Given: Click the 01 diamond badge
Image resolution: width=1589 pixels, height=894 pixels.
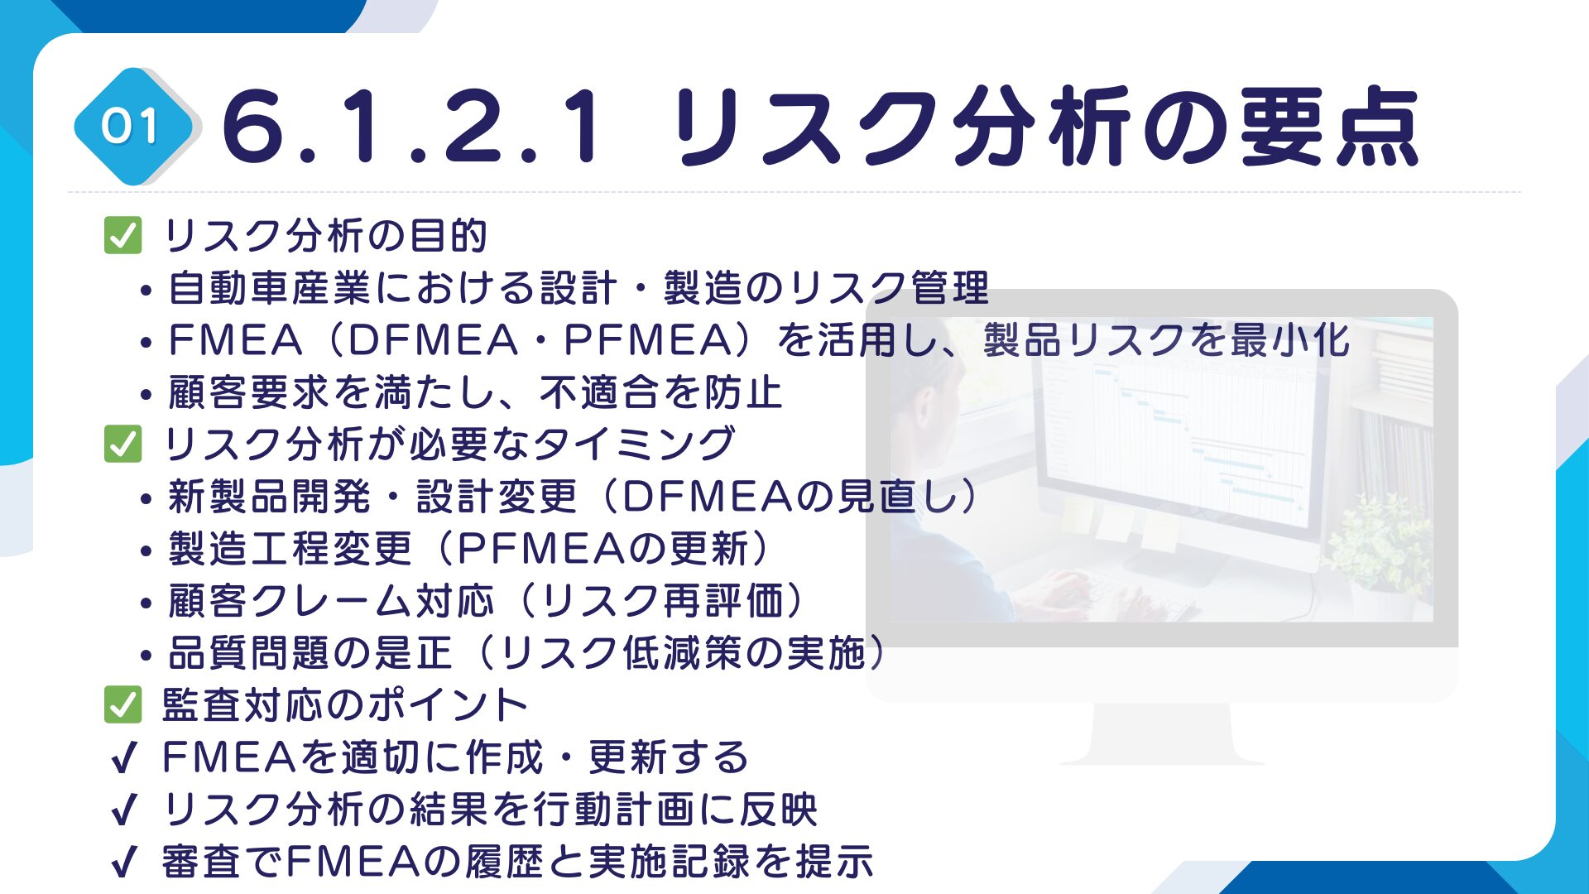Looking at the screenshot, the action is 132,127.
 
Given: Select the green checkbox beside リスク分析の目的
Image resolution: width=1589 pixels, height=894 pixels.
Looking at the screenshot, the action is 123,235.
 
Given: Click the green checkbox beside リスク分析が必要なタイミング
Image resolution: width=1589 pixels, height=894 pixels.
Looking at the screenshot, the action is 123,444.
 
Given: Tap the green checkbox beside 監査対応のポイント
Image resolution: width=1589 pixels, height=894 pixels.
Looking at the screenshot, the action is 123,704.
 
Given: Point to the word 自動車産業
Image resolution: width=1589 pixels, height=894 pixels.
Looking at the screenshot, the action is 271,287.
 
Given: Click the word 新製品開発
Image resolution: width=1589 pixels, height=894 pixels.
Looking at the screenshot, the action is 271,497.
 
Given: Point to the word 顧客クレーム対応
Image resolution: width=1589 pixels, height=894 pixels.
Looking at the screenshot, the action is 331,601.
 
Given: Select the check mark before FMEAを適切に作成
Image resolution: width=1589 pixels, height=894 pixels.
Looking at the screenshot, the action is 122,757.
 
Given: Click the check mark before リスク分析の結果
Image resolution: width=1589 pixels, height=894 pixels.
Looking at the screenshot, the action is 122,810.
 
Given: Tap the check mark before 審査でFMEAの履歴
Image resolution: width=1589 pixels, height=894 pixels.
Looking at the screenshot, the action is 122,862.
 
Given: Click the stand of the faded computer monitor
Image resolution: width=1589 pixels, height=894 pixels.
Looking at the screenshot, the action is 1162,733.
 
